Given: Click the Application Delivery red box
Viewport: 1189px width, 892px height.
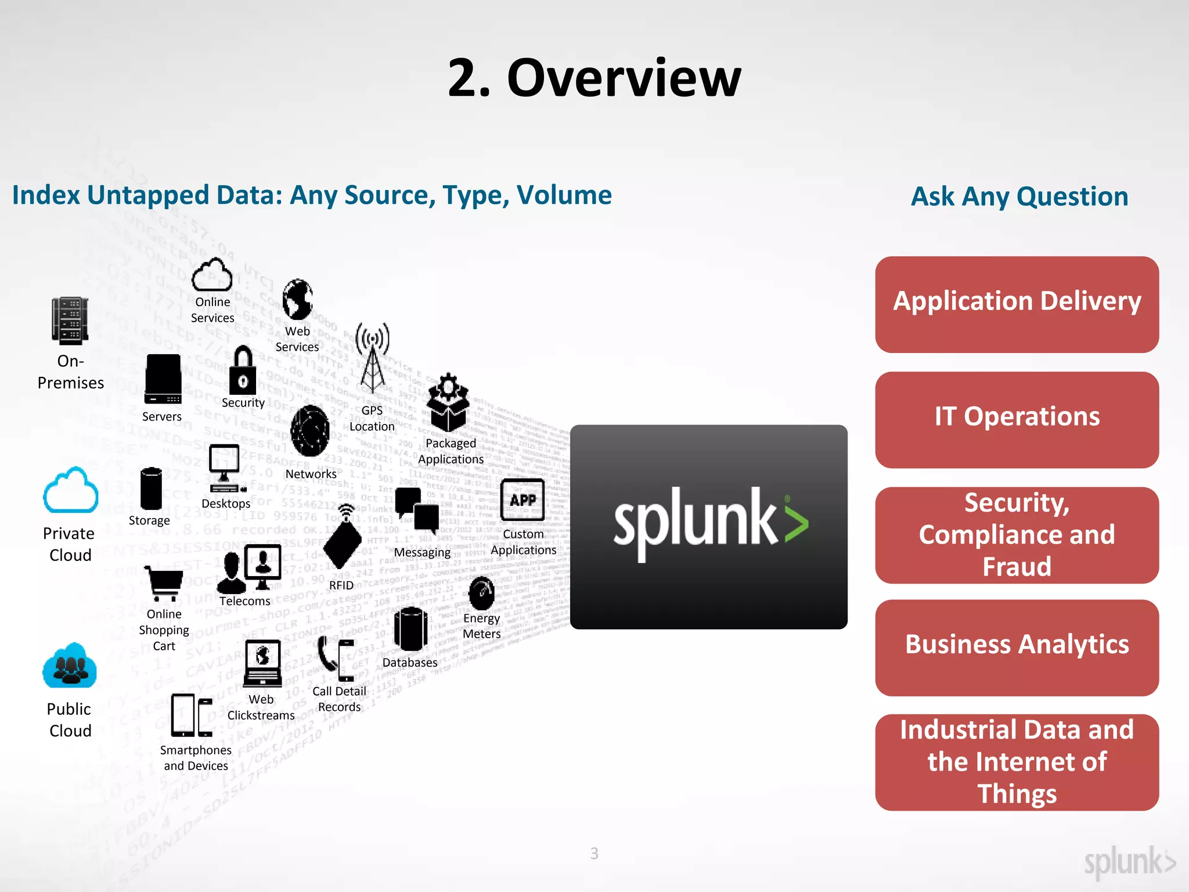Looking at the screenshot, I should (1017, 304).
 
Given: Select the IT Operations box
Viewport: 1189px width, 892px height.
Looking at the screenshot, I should (1017, 419).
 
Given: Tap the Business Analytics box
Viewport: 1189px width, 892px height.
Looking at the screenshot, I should (1017, 647).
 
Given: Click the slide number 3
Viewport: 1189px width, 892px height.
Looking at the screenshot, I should (594, 853).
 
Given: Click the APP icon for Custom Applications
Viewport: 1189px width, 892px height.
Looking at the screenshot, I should (523, 499).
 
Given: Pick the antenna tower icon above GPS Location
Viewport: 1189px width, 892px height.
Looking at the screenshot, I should (372, 358).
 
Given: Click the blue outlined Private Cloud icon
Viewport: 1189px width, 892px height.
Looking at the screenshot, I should (70, 491).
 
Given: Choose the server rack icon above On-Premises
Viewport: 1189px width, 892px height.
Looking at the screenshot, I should (70, 321).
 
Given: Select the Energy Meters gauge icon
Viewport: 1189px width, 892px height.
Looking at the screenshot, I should (481, 593).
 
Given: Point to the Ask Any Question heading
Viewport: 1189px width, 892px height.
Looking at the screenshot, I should (1019, 196).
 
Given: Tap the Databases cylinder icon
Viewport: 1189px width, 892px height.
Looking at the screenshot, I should (410, 629).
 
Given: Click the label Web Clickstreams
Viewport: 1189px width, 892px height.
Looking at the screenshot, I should (261, 707).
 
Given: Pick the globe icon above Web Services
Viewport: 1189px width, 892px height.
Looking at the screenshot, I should (298, 299).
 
